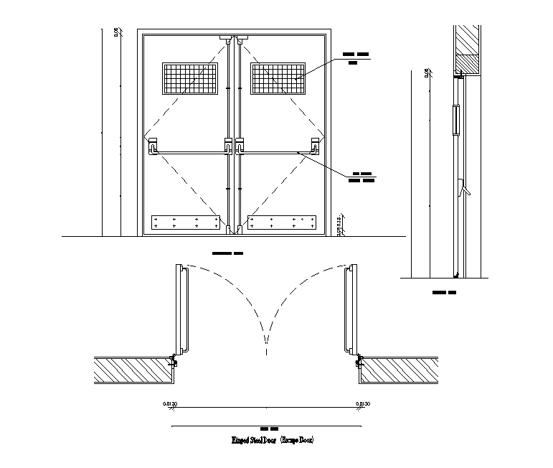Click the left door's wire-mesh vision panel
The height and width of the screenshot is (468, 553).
tap(190, 78)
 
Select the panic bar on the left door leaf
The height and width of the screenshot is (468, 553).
tap(189, 151)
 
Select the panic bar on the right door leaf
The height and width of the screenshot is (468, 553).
tap(276, 151)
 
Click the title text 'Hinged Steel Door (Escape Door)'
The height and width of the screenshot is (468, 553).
tap(273, 439)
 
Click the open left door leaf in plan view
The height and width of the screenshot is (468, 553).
tap(184, 309)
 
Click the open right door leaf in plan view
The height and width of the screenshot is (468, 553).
tap(349, 309)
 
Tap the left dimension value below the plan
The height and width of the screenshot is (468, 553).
tap(170, 405)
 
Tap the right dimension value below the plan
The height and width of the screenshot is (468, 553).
tap(363, 405)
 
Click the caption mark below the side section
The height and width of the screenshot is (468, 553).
tap(445, 293)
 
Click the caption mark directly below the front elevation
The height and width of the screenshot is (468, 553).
tap(228, 253)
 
